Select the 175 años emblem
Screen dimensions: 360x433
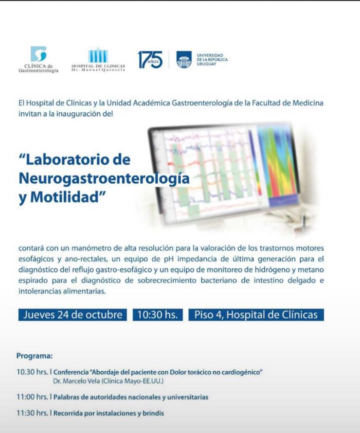click(150, 60)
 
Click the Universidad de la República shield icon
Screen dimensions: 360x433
click(184, 59)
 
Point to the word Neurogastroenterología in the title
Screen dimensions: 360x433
click(104, 178)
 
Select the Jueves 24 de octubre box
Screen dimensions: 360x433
click(72, 315)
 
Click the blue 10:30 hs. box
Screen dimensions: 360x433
click(158, 315)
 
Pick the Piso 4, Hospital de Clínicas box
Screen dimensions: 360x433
click(256, 315)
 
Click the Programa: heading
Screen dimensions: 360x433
click(35, 356)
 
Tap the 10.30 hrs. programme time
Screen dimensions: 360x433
click(32, 372)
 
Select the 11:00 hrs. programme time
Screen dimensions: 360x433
click(32, 397)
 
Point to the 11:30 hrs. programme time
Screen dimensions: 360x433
click(32, 413)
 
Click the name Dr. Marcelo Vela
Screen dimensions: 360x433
click(76, 381)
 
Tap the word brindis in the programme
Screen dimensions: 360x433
click(153, 414)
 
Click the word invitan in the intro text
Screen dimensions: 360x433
click(29, 114)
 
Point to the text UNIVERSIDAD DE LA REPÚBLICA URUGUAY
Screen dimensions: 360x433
click(212, 60)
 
